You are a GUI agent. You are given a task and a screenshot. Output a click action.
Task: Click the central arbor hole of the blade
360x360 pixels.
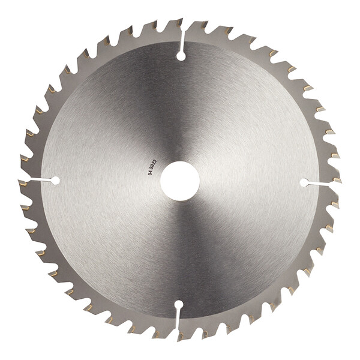pyautogui.click(x=180, y=181)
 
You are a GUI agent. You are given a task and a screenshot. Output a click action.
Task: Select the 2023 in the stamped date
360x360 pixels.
pyautogui.click(x=154, y=164)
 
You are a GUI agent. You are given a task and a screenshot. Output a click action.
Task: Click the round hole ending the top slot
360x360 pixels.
pyautogui.click(x=181, y=56)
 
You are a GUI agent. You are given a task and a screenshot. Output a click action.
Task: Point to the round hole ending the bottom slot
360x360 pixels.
pyautogui.click(x=179, y=305)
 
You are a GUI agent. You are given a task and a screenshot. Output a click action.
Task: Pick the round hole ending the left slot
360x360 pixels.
pyautogui.click(x=55, y=181)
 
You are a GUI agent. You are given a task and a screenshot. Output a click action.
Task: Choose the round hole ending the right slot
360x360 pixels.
pyautogui.click(x=305, y=182)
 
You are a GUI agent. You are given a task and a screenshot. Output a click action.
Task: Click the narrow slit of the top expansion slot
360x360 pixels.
pyautogui.click(x=183, y=41)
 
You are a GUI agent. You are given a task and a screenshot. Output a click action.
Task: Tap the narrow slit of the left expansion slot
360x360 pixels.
pyautogui.click(x=40, y=179)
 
